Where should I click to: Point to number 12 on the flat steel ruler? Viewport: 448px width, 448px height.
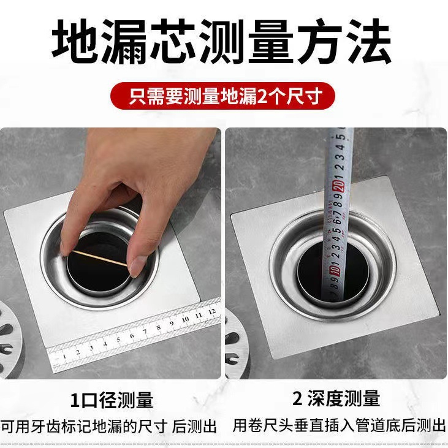(211, 311)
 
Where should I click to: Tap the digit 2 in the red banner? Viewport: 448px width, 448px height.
(265, 96)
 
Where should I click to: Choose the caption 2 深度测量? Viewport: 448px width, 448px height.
(336, 400)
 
